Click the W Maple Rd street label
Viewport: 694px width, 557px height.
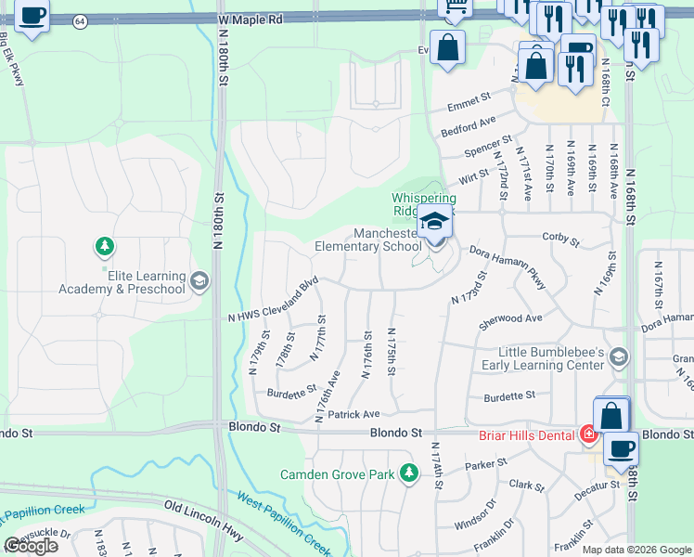(250, 19)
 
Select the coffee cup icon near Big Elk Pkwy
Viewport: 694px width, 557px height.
(32, 18)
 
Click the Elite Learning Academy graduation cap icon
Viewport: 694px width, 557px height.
(198, 282)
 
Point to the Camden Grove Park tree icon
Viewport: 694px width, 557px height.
(408, 474)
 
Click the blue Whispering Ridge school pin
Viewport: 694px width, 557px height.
(432, 222)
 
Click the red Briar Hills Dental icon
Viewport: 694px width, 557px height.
(587, 434)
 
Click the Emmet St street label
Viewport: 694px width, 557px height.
(468, 99)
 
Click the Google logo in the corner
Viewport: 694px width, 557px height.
(32, 546)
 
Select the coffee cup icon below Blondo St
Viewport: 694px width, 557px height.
(621, 449)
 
